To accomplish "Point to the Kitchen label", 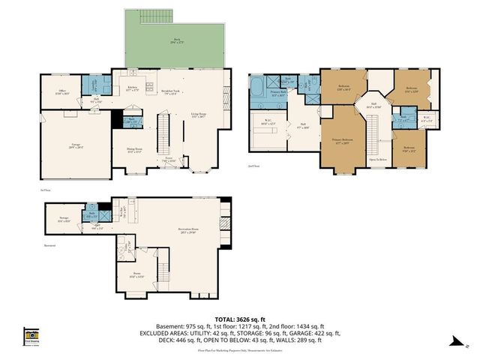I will tap(133, 88).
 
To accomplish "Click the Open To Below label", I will tap(377, 159).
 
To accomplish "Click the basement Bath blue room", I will tap(89, 215).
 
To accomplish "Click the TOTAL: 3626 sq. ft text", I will tap(239, 318).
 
